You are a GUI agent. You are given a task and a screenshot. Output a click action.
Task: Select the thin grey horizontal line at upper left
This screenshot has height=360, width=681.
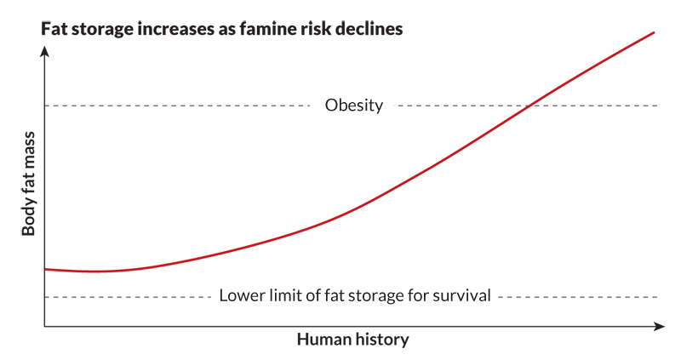click(184, 106)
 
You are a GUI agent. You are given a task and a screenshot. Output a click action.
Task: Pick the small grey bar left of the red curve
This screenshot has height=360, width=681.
click(434, 114)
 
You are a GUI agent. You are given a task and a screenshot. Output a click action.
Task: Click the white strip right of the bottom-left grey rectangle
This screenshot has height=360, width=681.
click(349, 315)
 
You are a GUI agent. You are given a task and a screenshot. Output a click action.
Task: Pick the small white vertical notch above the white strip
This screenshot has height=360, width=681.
click(494, 298)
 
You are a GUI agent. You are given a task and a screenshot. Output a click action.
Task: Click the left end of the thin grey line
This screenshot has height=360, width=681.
click(46, 106)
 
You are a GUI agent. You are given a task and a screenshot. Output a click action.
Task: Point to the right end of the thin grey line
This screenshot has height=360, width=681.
click(323, 106)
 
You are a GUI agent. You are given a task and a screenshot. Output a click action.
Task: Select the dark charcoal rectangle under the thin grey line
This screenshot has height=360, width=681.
click(184, 162)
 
